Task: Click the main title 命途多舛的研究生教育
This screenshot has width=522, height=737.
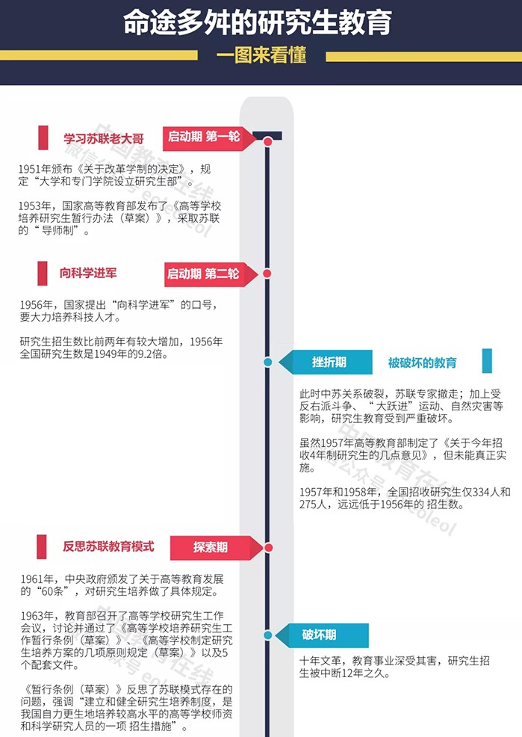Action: click(x=257, y=22)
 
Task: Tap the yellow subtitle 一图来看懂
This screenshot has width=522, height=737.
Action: click(x=261, y=55)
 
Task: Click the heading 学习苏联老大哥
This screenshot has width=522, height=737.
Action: click(x=104, y=139)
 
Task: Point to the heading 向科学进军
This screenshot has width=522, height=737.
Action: click(x=88, y=273)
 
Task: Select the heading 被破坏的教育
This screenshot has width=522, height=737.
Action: click(x=422, y=363)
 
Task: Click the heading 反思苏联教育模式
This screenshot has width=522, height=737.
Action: click(x=108, y=546)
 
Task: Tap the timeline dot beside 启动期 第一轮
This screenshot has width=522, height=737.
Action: click(x=267, y=141)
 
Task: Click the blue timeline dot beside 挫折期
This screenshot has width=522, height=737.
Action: click(x=267, y=362)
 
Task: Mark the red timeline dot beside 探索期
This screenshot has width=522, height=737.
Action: click(x=269, y=548)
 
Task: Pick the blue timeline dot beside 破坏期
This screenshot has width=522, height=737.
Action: click(x=267, y=635)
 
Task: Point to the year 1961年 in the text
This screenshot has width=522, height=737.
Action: click(x=37, y=579)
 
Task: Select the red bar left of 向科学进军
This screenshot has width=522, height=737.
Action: click(x=43, y=274)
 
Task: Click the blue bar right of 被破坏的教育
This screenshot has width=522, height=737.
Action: click(x=487, y=361)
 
